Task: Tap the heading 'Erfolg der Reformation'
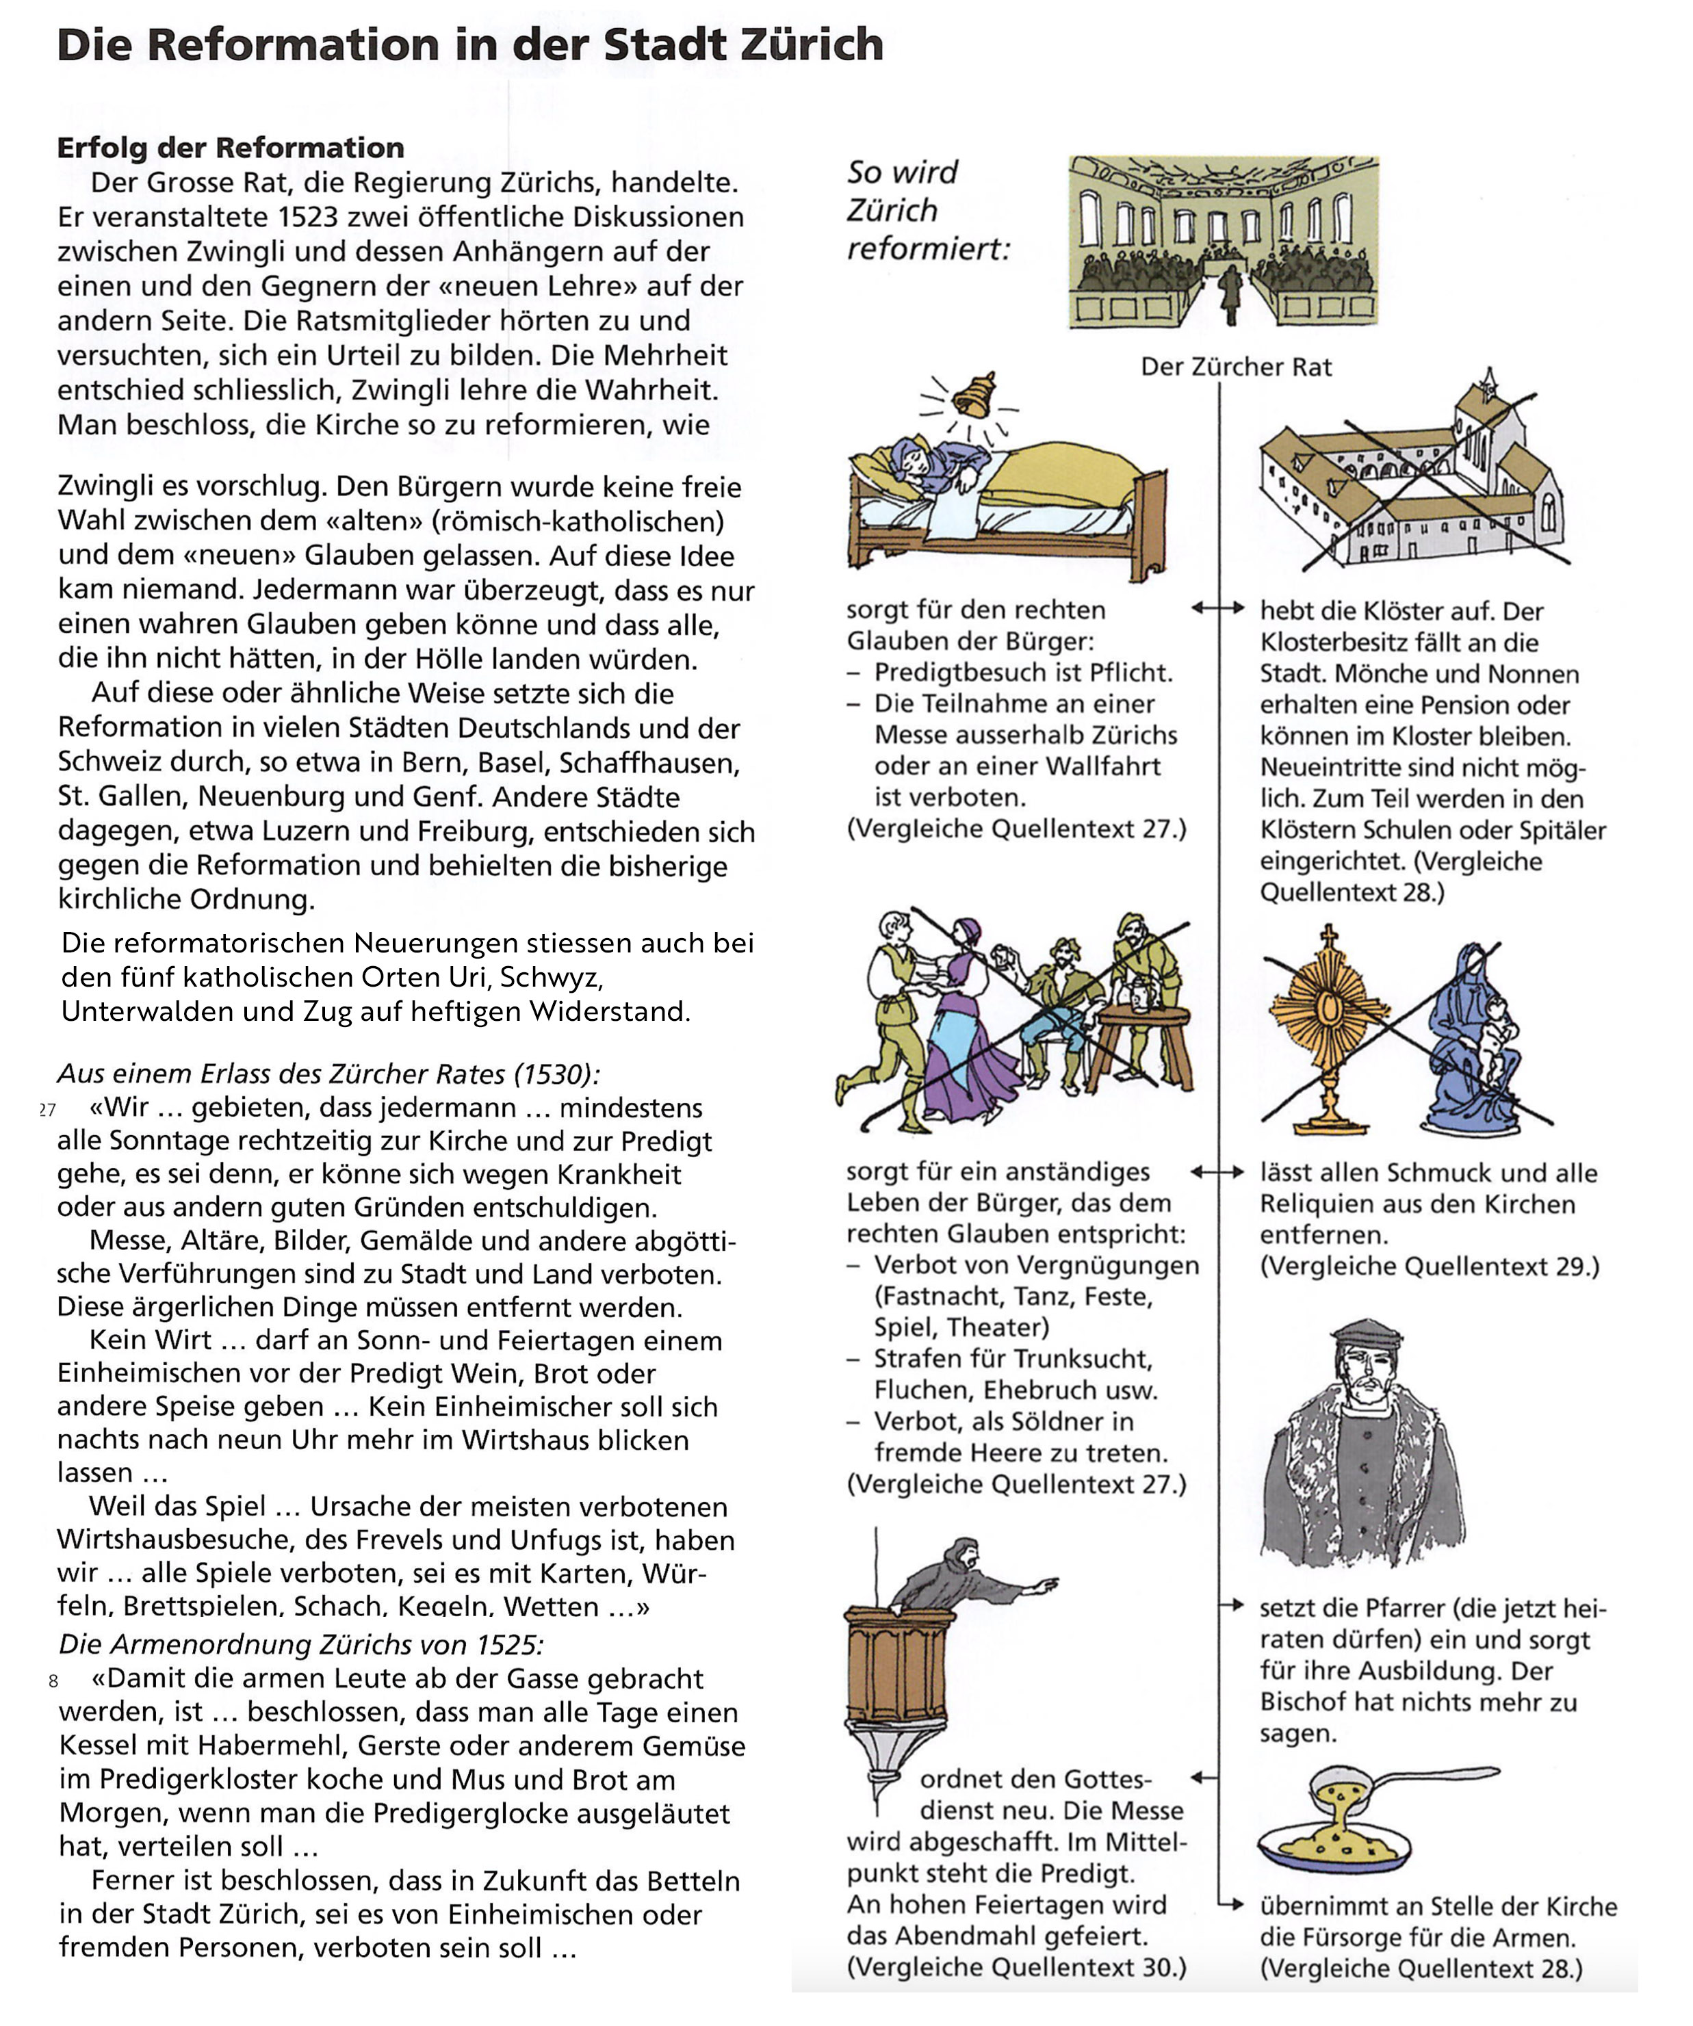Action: pyautogui.click(x=231, y=148)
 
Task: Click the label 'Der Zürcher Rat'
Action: pyautogui.click(x=1236, y=367)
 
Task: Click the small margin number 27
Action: pyautogui.click(x=47, y=1110)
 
